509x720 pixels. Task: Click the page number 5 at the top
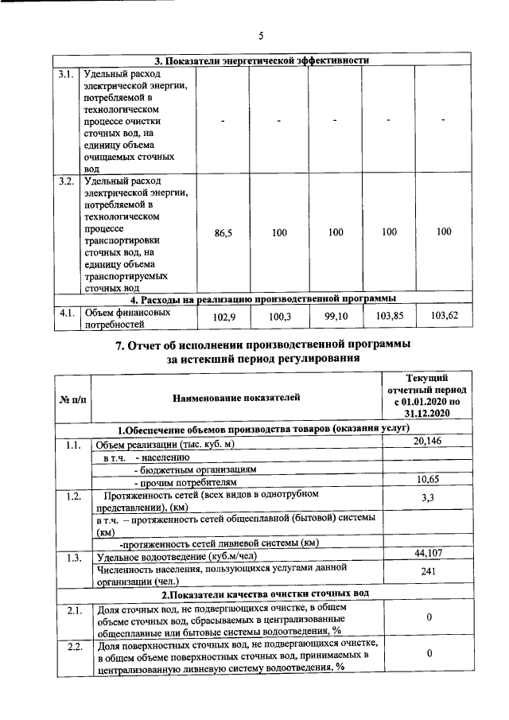point(261,35)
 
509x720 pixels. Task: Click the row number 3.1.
point(67,75)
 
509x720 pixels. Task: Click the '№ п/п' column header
point(72,396)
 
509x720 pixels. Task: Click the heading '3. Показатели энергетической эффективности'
point(261,60)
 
